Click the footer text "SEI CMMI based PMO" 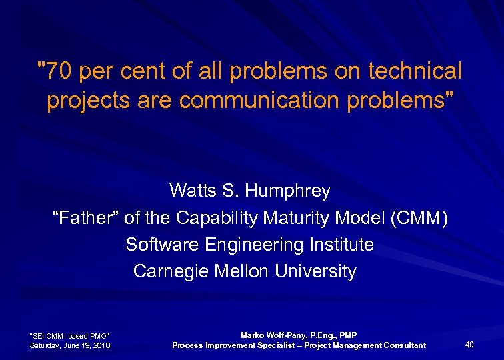[x=70, y=335]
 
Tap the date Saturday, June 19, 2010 [x=70, y=345]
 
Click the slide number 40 [x=469, y=344]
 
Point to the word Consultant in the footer [x=402, y=345]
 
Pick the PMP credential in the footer [x=348, y=335]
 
